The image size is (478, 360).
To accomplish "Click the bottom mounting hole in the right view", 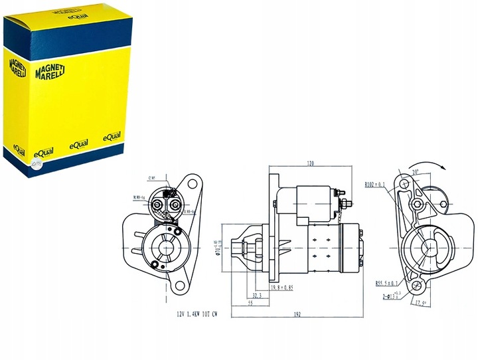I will tap(416, 286).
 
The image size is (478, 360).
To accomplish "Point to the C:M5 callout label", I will tap(152, 178).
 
